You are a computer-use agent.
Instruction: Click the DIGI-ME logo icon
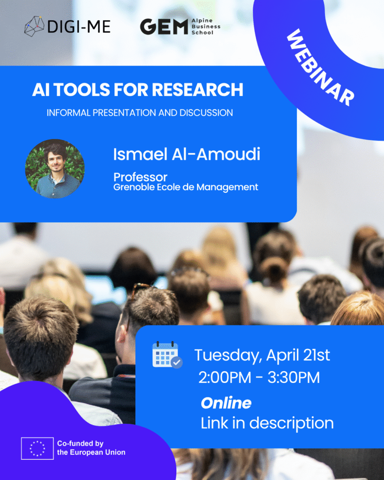[x=34, y=26]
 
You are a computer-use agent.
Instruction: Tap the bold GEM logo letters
[x=164, y=27]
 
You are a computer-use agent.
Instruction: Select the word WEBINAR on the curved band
[x=320, y=67]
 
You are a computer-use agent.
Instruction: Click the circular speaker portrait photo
[x=55, y=168]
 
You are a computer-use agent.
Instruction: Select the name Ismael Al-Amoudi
[x=187, y=154]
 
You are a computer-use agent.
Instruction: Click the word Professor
[x=140, y=177]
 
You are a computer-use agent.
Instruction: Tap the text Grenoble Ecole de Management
[x=186, y=187]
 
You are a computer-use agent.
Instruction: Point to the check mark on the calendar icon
[x=177, y=362]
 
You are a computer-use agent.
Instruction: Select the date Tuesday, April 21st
[x=262, y=355]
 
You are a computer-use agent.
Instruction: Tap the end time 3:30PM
[x=294, y=378]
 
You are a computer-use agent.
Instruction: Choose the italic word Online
[x=226, y=403]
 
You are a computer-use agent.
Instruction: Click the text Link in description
[x=267, y=423]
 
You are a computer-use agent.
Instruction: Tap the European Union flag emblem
[x=37, y=448]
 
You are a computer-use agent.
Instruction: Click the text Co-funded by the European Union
[x=91, y=448]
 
